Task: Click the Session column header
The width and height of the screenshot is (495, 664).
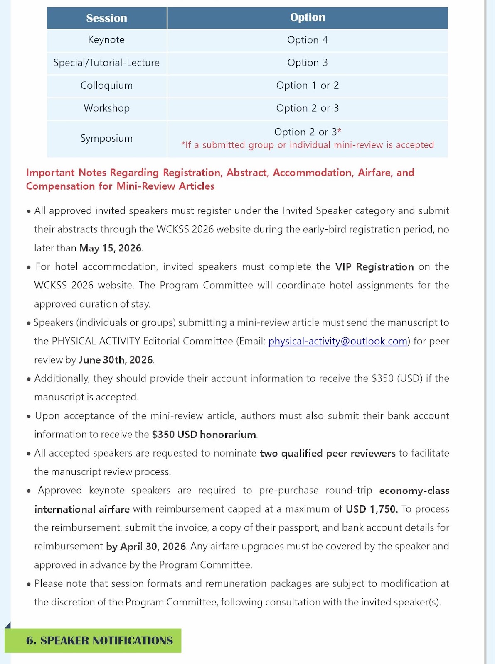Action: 106,18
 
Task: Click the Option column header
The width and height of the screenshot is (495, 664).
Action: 308,17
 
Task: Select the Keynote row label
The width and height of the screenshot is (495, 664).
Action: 106,40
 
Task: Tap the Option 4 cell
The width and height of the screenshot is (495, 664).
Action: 308,40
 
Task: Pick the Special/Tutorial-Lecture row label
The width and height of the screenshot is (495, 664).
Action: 106,63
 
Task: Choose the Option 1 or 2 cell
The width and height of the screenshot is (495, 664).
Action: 308,85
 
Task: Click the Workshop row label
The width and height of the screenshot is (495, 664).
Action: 106,108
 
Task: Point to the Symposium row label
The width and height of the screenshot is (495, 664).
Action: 106,138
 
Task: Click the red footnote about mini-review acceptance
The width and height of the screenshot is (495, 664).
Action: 308,145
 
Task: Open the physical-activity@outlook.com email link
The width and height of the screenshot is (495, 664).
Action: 337,341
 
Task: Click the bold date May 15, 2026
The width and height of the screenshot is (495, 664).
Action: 111,248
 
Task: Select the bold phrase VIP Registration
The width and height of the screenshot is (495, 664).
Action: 374,267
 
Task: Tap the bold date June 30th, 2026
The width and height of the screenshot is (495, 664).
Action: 116,360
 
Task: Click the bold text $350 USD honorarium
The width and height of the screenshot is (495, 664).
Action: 204,435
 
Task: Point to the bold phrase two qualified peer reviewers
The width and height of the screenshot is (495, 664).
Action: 328,453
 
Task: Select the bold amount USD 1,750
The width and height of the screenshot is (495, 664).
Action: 372,509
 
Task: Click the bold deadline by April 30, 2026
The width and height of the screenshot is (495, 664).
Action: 146,547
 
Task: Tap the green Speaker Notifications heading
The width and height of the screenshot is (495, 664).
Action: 99,641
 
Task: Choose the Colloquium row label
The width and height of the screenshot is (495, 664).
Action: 106,85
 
